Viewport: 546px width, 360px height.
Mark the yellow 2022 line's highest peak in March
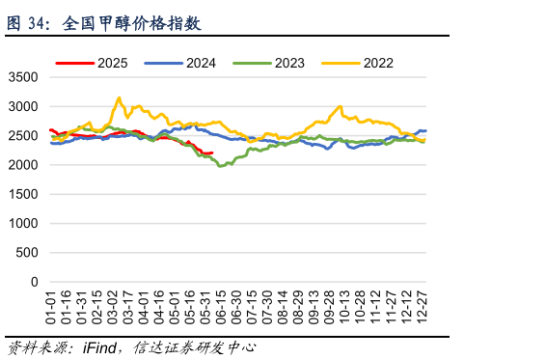point(119,97)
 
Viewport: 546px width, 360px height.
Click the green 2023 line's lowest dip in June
point(221,166)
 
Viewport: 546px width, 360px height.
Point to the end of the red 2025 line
point(212,152)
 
